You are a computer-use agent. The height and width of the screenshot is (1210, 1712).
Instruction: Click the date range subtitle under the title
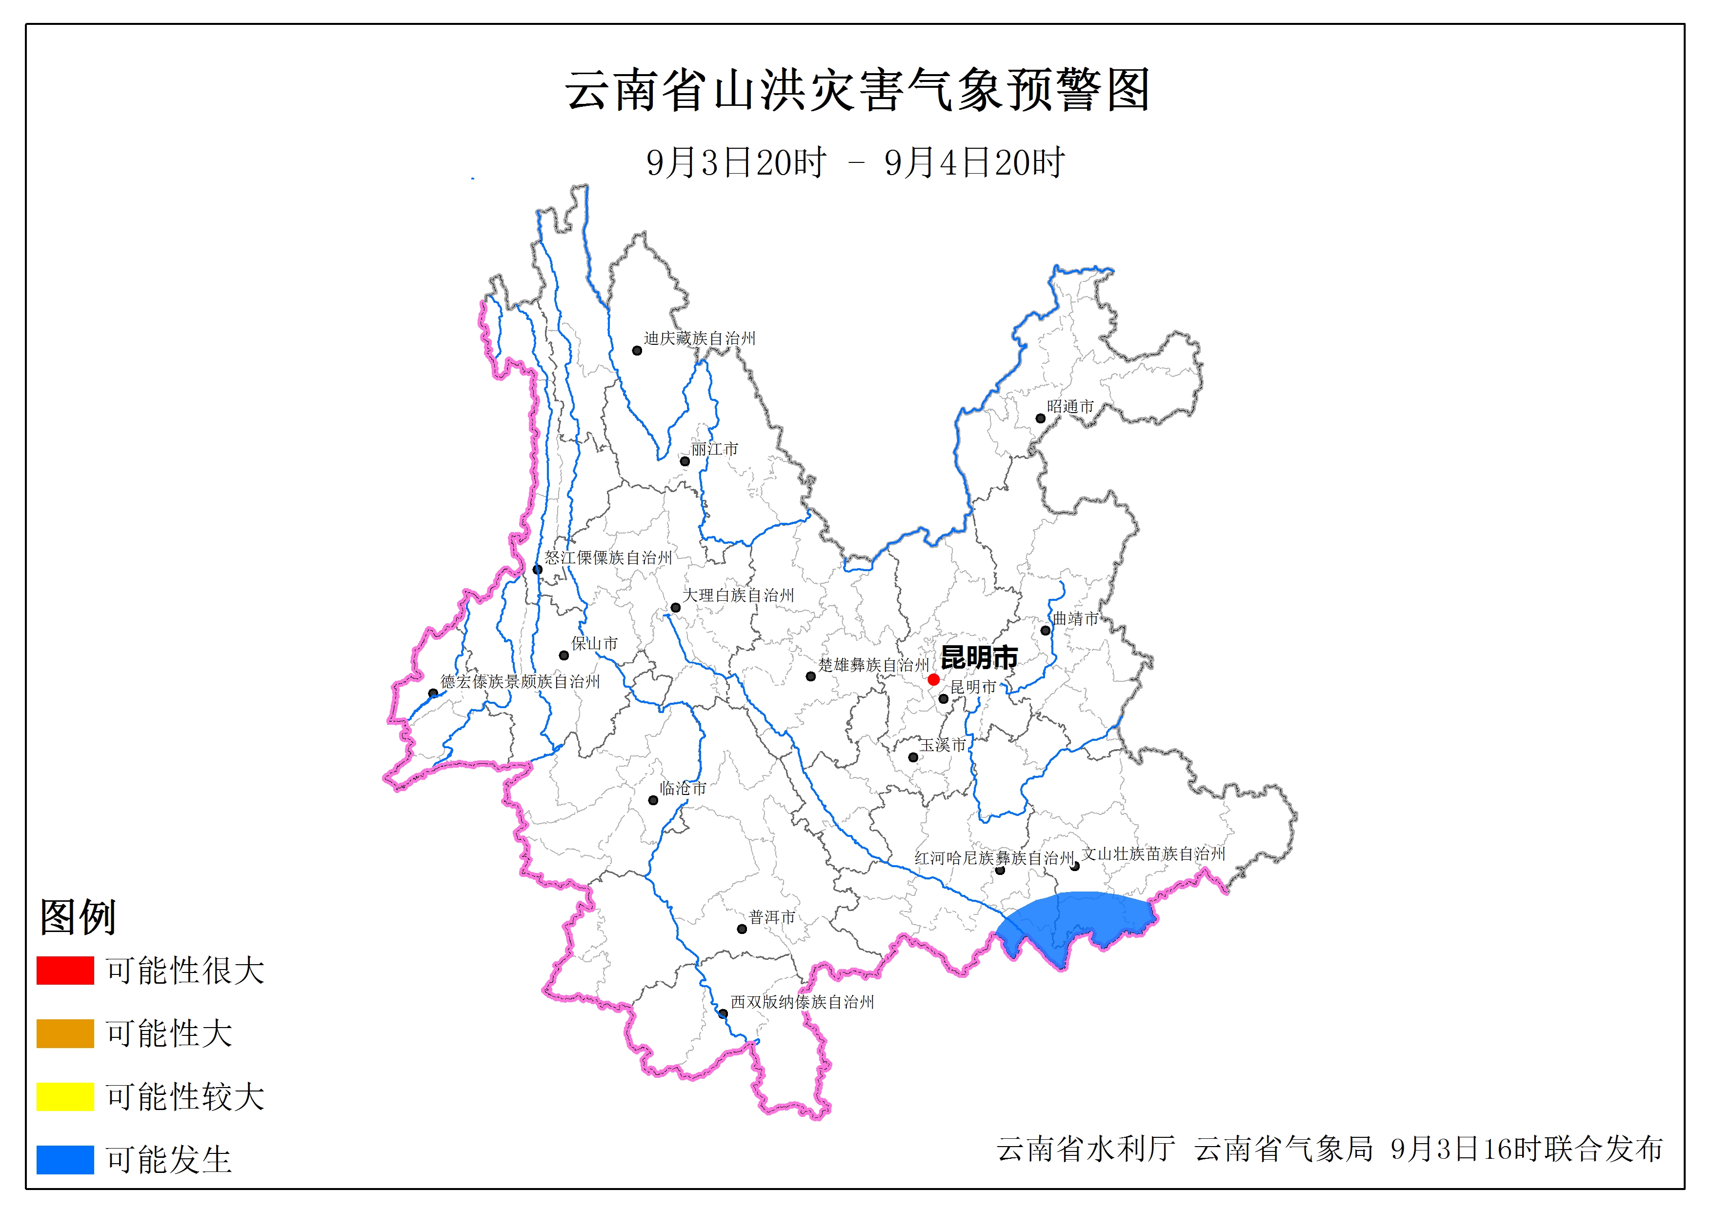click(x=855, y=162)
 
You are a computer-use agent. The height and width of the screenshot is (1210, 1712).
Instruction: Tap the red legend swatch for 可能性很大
click(x=65, y=971)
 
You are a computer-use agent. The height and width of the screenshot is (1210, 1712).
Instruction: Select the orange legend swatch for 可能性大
click(x=65, y=1033)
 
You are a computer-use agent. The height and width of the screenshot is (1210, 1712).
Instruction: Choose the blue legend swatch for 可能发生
click(x=65, y=1159)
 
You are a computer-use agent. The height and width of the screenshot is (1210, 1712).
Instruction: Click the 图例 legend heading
click(x=78, y=916)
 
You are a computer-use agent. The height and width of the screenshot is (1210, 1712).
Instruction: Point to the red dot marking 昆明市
click(x=933, y=679)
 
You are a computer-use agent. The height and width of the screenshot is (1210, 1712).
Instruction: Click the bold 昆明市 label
click(x=979, y=657)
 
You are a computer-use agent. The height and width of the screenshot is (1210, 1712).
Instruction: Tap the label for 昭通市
click(x=1070, y=406)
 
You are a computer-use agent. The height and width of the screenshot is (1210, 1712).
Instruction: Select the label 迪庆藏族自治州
click(x=700, y=338)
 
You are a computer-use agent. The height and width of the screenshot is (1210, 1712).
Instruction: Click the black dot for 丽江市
click(x=685, y=461)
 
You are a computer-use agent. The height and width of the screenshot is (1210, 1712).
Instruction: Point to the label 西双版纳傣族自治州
click(x=802, y=1002)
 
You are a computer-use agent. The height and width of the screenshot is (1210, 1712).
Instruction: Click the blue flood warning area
click(x=1074, y=925)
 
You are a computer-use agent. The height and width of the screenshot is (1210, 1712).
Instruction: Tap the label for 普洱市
click(x=772, y=917)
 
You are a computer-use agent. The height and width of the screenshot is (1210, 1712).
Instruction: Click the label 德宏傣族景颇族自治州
click(x=520, y=681)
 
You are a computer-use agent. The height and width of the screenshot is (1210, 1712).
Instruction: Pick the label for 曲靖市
click(x=1075, y=618)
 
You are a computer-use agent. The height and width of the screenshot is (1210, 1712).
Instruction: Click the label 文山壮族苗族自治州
click(x=1153, y=853)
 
